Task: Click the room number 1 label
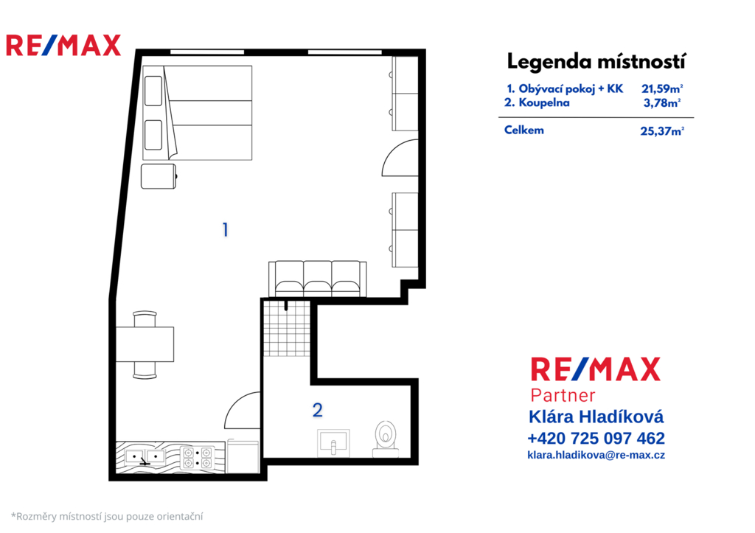coord(225,230)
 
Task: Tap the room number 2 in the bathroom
coord(317,410)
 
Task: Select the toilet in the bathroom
coord(386,439)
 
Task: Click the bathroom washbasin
coord(333,442)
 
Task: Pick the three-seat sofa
coord(317,279)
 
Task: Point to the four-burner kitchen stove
coord(197,457)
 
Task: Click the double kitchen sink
coord(145,457)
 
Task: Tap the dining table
coord(145,344)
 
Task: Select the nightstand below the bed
coord(159,176)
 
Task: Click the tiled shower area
coord(287,328)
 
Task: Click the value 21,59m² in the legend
coord(662,88)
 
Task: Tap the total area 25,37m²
coord(662,131)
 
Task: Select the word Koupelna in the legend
coord(543,102)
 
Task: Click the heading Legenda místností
coord(596,62)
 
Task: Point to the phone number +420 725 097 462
coord(596,438)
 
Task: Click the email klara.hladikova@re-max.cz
coord(596,455)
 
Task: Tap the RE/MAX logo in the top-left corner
coord(63,45)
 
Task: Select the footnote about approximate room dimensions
coord(107,517)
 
